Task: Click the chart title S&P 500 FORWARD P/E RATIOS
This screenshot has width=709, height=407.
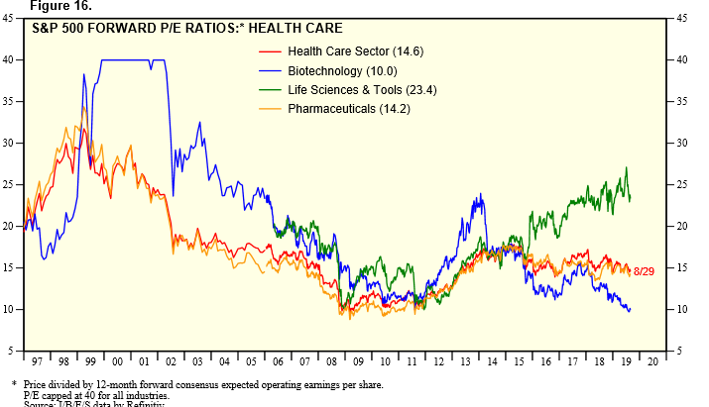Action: coord(140,28)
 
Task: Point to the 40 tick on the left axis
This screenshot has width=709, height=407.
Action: coord(9,59)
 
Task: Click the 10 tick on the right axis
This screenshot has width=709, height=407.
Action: coord(681,309)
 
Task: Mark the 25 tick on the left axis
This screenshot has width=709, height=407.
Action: coord(9,184)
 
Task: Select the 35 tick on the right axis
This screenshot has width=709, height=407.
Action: coord(681,101)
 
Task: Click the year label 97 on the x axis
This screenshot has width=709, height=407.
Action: coord(37,363)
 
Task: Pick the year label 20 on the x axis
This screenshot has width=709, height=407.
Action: coord(651,363)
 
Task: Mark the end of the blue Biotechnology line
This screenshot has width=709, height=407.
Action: coord(630,310)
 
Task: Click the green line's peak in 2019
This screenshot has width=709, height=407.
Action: coord(626,167)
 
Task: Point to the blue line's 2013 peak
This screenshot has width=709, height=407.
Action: coord(481,195)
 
